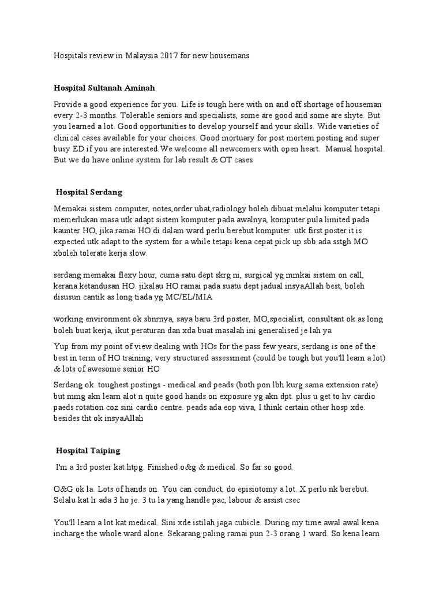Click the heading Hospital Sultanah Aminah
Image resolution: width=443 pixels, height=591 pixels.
tap(104, 88)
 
